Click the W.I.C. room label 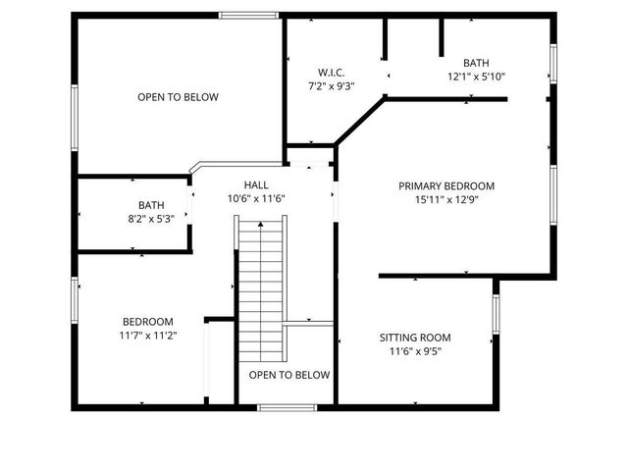[x=331, y=73]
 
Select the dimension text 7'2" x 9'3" [x=331, y=86]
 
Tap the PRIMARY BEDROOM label [x=446, y=185]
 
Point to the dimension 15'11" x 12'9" [x=446, y=199]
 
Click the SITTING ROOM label [x=416, y=338]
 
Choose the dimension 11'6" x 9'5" [x=416, y=351]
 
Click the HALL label [x=256, y=184]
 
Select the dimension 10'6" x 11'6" [x=256, y=198]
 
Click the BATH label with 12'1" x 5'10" [x=476, y=62]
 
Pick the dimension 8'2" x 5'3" [x=151, y=219]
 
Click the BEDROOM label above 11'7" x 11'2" [x=148, y=322]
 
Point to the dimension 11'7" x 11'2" [x=148, y=336]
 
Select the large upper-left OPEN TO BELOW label [x=178, y=97]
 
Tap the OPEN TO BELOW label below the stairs [x=289, y=375]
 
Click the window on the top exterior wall [x=244, y=16]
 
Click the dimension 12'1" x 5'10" [x=476, y=76]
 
